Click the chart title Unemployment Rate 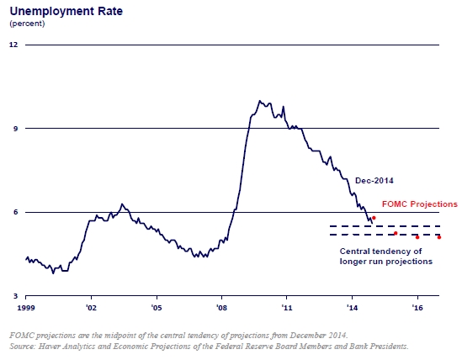(66, 12)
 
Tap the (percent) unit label (27, 24)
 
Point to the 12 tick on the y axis (13, 45)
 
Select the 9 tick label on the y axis (16, 129)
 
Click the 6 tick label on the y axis (16, 212)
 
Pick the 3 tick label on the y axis (16, 296)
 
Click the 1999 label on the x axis (26, 308)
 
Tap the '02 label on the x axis (92, 308)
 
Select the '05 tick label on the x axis (157, 308)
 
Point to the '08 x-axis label (222, 308)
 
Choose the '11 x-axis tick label (287, 308)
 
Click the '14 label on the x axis (352, 308)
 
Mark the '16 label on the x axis (417, 308)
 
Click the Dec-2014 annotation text (374, 181)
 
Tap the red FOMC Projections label (420, 204)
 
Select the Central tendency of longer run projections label (386, 257)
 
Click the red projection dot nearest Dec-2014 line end (374, 218)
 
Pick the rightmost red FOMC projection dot (439, 237)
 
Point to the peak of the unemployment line (259, 101)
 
